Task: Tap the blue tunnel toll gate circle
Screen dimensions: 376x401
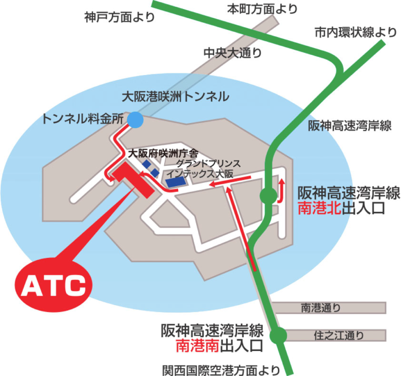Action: click(x=135, y=119)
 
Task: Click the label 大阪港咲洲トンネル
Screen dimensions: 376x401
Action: click(x=175, y=96)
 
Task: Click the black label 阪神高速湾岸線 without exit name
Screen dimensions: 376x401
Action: click(x=350, y=125)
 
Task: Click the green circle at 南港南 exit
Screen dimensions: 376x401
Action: click(x=278, y=335)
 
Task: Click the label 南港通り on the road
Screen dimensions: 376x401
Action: click(x=321, y=308)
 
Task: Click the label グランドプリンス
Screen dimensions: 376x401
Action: click(x=208, y=163)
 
